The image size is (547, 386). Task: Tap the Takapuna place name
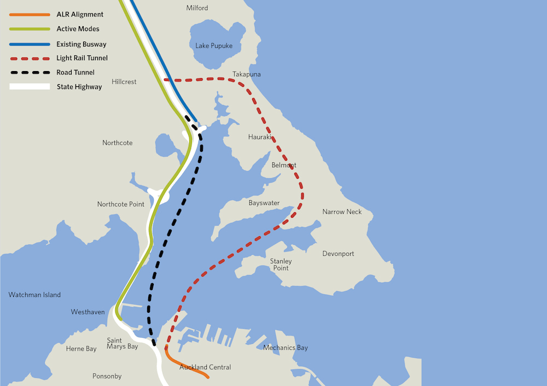pos(246,74)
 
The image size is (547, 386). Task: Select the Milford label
pos(197,8)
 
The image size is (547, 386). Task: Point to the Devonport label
pos(338,254)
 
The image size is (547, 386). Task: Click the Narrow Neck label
pos(342,212)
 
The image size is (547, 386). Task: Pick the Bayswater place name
pos(264,203)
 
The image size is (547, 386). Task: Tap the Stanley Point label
pos(281,265)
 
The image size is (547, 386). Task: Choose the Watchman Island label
pos(34,295)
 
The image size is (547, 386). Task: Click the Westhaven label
pos(88,312)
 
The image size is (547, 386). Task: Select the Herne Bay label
pos(81,349)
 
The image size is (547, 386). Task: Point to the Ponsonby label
pos(107,376)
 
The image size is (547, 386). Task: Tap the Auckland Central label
pos(205,367)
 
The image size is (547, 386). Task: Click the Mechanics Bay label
pos(286,348)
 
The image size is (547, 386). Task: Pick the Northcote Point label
pos(121,204)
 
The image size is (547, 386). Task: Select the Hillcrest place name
pos(124,81)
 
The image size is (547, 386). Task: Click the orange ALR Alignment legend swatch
pos(30,15)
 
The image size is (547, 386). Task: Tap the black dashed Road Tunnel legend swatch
pos(30,72)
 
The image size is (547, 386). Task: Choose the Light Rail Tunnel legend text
pos(82,58)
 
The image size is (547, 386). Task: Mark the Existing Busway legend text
pos(82,44)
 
